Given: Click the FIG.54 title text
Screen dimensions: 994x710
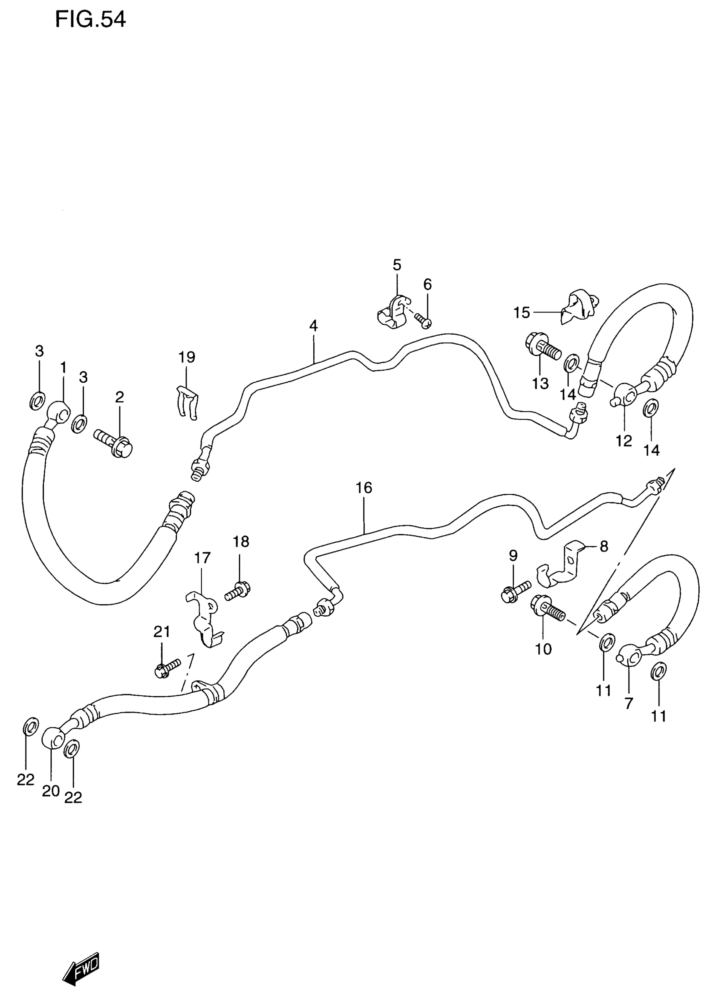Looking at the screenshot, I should click(x=91, y=19).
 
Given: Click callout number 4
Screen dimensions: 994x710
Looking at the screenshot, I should click(x=313, y=326).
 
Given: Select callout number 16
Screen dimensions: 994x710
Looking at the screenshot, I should click(x=364, y=488).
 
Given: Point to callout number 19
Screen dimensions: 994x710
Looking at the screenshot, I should click(x=187, y=357).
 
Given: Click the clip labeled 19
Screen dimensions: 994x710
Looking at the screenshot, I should click(x=188, y=402).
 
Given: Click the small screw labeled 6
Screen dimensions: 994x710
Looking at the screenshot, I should click(x=423, y=320).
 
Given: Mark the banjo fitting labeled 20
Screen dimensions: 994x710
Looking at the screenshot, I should click(x=53, y=737).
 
